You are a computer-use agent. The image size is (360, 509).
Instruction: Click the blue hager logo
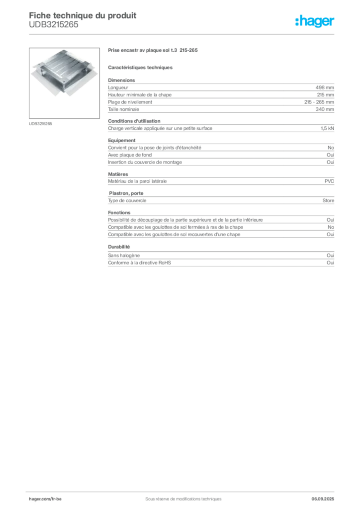pos(316,22)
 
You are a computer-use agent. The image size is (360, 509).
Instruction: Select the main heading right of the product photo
pos(153,51)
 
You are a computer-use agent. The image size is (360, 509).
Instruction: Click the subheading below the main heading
pos(141,67)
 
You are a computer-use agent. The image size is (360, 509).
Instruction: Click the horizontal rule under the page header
pos(183,34)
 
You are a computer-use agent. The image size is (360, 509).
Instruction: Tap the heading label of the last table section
pos(120,246)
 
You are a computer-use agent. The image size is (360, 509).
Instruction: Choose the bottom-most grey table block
pos(220,262)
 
